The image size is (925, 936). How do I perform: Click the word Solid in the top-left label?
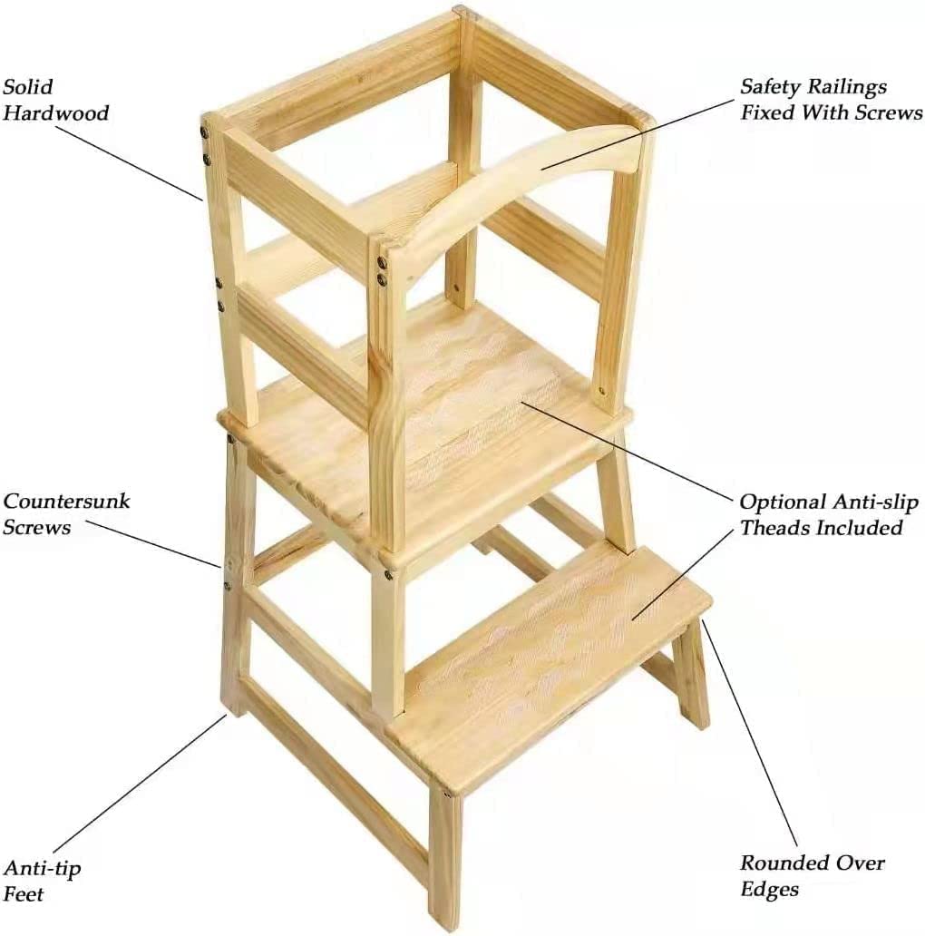click(x=28, y=86)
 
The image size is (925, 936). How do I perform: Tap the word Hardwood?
click(x=56, y=112)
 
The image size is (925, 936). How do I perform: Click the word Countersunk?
click(x=66, y=501)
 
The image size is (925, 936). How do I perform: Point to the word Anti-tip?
click(x=42, y=868)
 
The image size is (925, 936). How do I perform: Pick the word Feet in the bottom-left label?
click(x=24, y=894)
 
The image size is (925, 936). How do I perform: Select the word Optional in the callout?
click(x=784, y=502)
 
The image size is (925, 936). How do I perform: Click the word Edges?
click(x=770, y=890)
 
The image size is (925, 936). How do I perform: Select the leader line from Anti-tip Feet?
click(x=140, y=783)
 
